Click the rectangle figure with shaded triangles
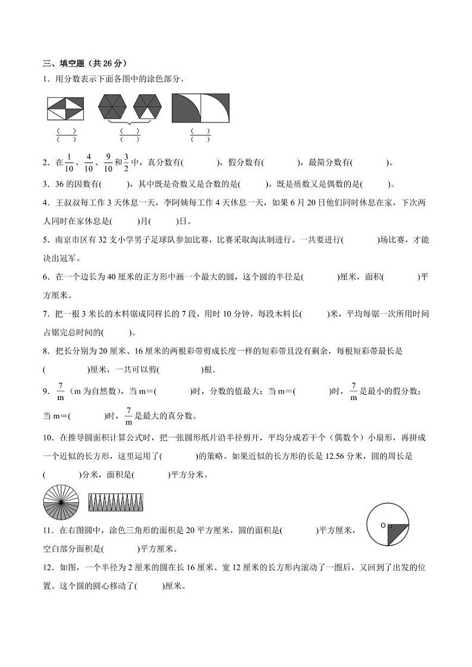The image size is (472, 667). [x=65, y=109]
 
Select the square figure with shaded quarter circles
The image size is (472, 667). [x=200, y=108]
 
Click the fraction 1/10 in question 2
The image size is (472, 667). [x=69, y=162]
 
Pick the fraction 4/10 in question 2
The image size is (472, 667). [x=88, y=162]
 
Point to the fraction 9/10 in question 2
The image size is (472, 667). [x=108, y=162]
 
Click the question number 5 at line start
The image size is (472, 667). [x=46, y=240]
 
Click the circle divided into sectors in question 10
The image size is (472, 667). [x=61, y=503]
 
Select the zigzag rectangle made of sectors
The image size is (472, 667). [x=115, y=503]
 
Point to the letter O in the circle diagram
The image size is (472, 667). [x=383, y=525]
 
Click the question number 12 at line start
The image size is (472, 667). [x=48, y=568]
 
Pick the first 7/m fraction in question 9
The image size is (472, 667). [x=60, y=391]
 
